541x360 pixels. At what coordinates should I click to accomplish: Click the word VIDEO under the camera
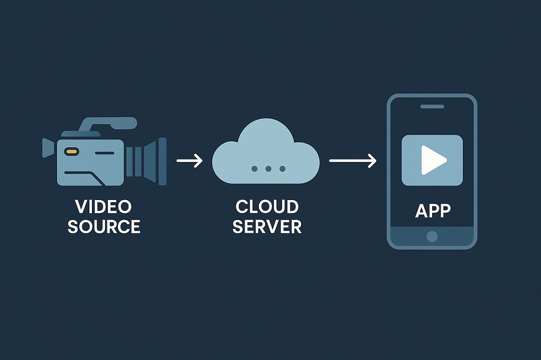click(x=103, y=206)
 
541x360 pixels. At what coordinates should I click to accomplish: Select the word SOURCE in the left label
click(x=104, y=226)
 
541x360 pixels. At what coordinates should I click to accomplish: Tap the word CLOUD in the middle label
click(x=267, y=206)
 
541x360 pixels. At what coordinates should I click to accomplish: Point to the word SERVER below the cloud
click(x=267, y=226)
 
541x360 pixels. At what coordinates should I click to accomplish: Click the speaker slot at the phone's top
click(x=432, y=107)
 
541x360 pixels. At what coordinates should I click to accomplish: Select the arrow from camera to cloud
click(x=189, y=161)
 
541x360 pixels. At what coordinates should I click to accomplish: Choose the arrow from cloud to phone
click(x=352, y=161)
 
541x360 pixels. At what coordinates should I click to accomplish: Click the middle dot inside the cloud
click(x=268, y=168)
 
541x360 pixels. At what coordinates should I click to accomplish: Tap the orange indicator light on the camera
click(x=71, y=151)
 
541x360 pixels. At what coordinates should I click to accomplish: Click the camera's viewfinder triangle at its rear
click(x=48, y=147)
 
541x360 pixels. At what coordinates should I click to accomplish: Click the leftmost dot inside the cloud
click(x=255, y=168)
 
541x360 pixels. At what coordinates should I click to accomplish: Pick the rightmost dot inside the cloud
click(x=282, y=168)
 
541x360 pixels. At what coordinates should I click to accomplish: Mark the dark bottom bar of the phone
click(x=432, y=235)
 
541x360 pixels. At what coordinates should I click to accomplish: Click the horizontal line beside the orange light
click(x=104, y=153)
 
